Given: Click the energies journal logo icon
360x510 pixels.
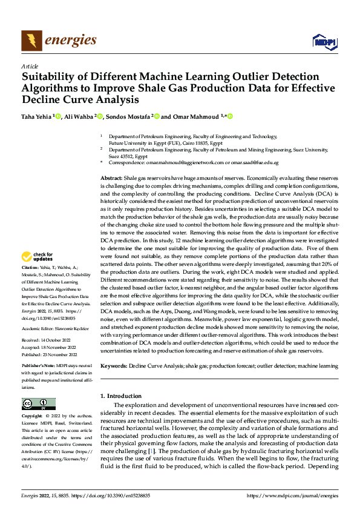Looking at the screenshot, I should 30,40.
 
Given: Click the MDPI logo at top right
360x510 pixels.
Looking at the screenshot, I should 324,41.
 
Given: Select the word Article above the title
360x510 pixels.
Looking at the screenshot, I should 30,66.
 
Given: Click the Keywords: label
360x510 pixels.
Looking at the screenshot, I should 113,366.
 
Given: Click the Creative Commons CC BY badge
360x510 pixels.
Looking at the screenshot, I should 38,403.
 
